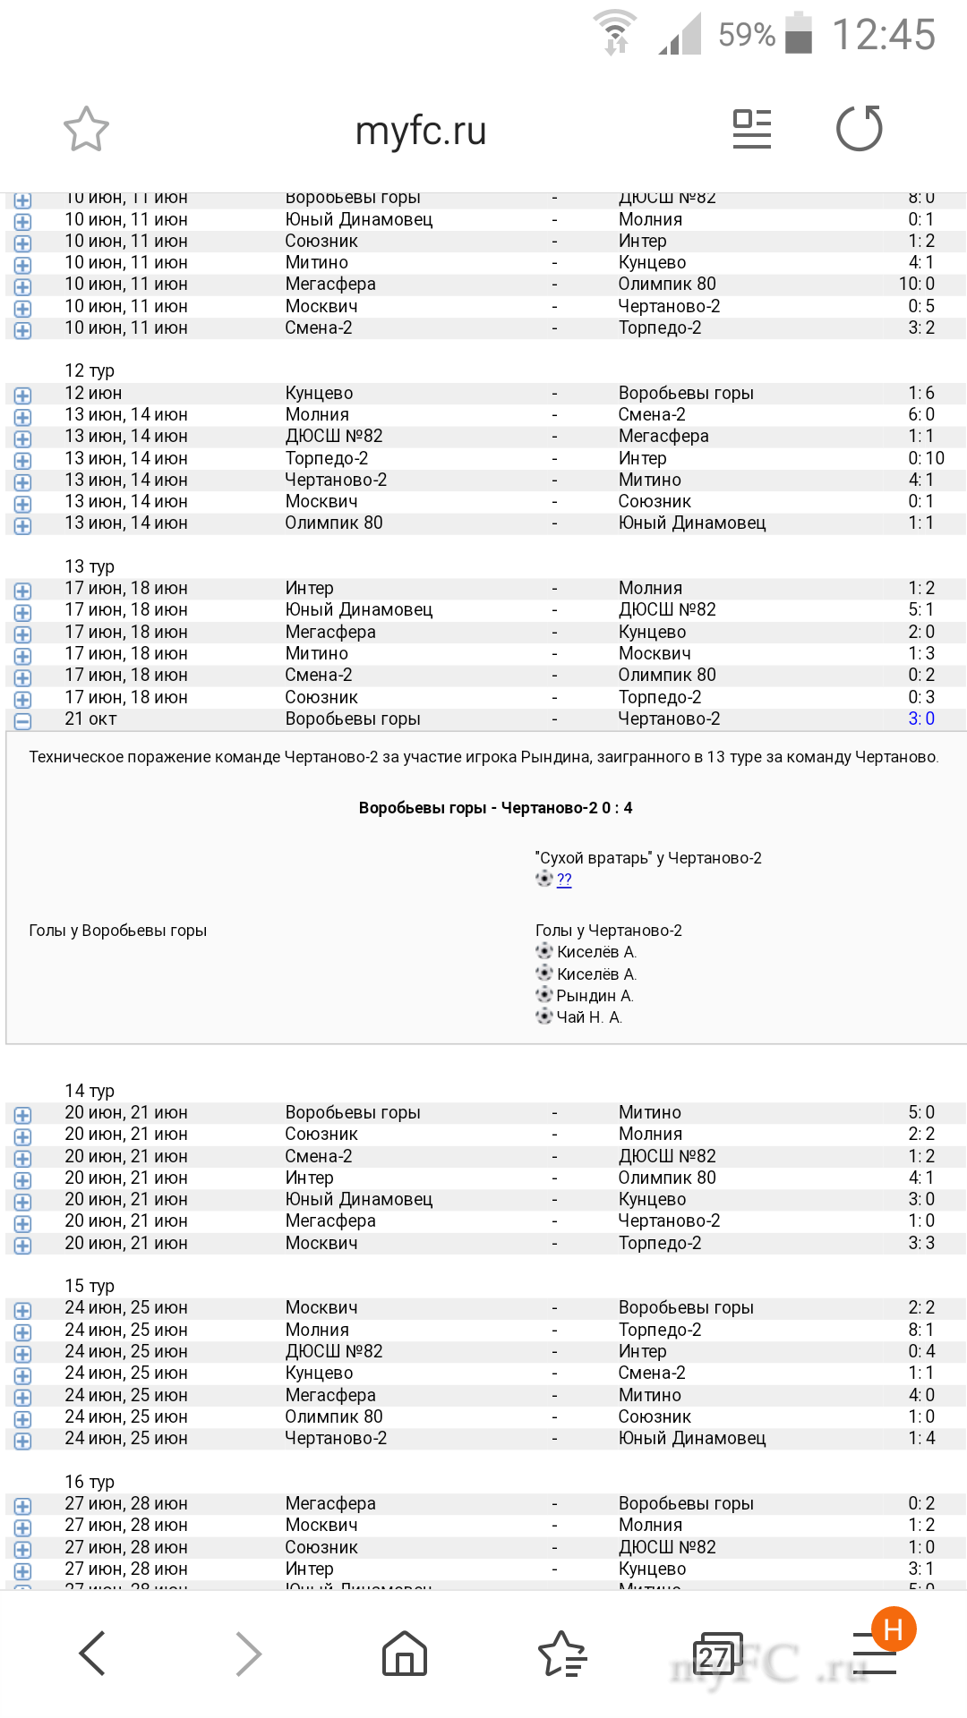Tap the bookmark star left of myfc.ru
pyautogui.click(x=86, y=130)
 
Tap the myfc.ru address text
pyautogui.click(x=421, y=132)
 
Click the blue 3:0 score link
pyautogui.click(x=920, y=719)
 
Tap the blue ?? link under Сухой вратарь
pyautogui.click(x=564, y=880)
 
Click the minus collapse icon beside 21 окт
pyautogui.click(x=22, y=720)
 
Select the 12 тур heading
pyautogui.click(x=90, y=370)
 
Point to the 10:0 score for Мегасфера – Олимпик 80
pyautogui.click(x=916, y=284)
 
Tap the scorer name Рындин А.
pyautogui.click(x=595, y=996)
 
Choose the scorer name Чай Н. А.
pyautogui.click(x=589, y=1017)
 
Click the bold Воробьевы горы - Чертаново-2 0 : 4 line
pyautogui.click(x=495, y=808)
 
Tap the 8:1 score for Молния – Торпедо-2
pyautogui.click(x=920, y=1330)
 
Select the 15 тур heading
pyautogui.click(x=90, y=1286)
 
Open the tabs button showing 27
pyautogui.click(x=716, y=1654)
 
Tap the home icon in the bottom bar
pyautogui.click(x=405, y=1653)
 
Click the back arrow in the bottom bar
pyautogui.click(x=93, y=1653)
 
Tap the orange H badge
pyautogui.click(x=893, y=1629)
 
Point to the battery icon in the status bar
pyautogui.click(x=798, y=34)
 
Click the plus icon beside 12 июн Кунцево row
pyautogui.click(x=22, y=395)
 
